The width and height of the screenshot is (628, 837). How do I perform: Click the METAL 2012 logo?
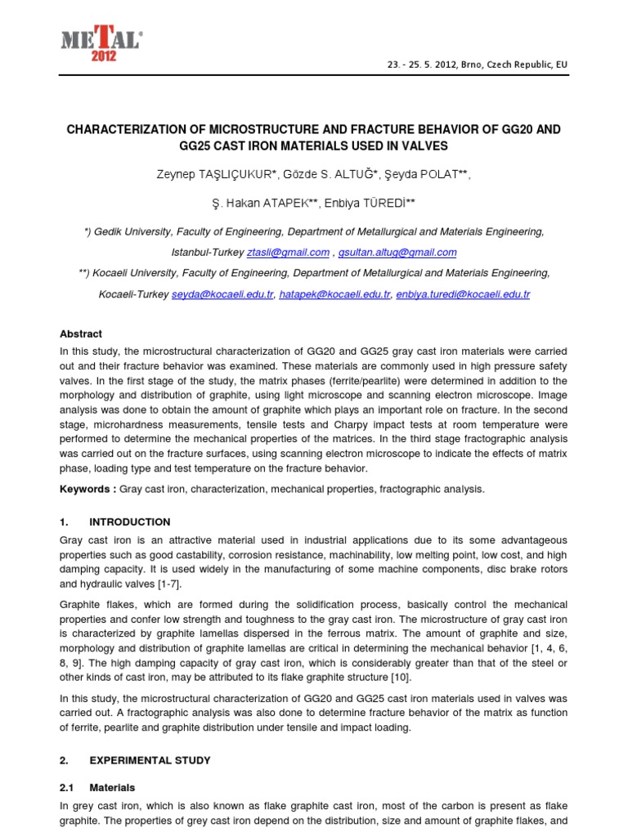[101, 42]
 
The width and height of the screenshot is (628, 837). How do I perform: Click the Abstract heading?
[81, 333]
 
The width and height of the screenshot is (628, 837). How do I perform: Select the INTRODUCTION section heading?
[129, 521]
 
